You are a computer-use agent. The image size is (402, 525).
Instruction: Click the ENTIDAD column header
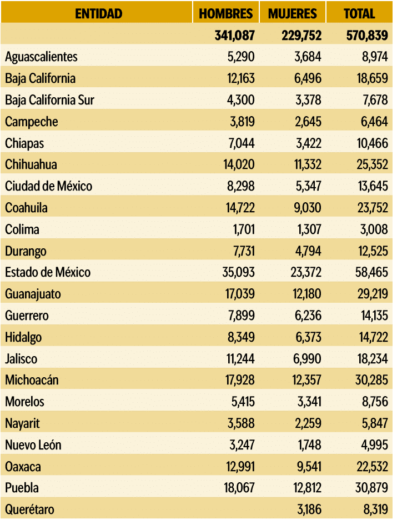click(98, 13)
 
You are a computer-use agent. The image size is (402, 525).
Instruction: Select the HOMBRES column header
click(226, 13)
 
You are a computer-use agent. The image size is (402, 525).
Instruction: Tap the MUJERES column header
click(293, 13)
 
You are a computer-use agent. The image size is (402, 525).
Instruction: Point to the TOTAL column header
click(359, 13)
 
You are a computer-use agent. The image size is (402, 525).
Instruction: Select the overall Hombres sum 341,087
click(234, 36)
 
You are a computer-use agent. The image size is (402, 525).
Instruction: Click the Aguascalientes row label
click(41, 57)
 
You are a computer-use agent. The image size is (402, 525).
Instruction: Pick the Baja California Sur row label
click(49, 100)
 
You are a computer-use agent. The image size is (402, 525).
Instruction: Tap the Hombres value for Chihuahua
click(239, 164)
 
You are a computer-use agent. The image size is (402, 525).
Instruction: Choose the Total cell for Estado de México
click(371, 272)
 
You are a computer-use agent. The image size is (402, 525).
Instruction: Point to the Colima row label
click(22, 229)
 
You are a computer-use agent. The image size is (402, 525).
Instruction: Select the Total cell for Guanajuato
click(371, 294)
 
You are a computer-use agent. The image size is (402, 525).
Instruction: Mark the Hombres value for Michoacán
click(239, 380)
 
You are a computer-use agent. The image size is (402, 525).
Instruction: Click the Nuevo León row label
click(33, 445)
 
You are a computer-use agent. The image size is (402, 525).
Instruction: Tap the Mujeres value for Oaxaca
click(306, 466)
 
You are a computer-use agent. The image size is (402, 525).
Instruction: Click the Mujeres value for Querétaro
click(306, 509)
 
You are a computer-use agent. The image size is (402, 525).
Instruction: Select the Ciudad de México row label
click(48, 186)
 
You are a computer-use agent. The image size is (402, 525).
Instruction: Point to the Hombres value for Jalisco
click(240, 358)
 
